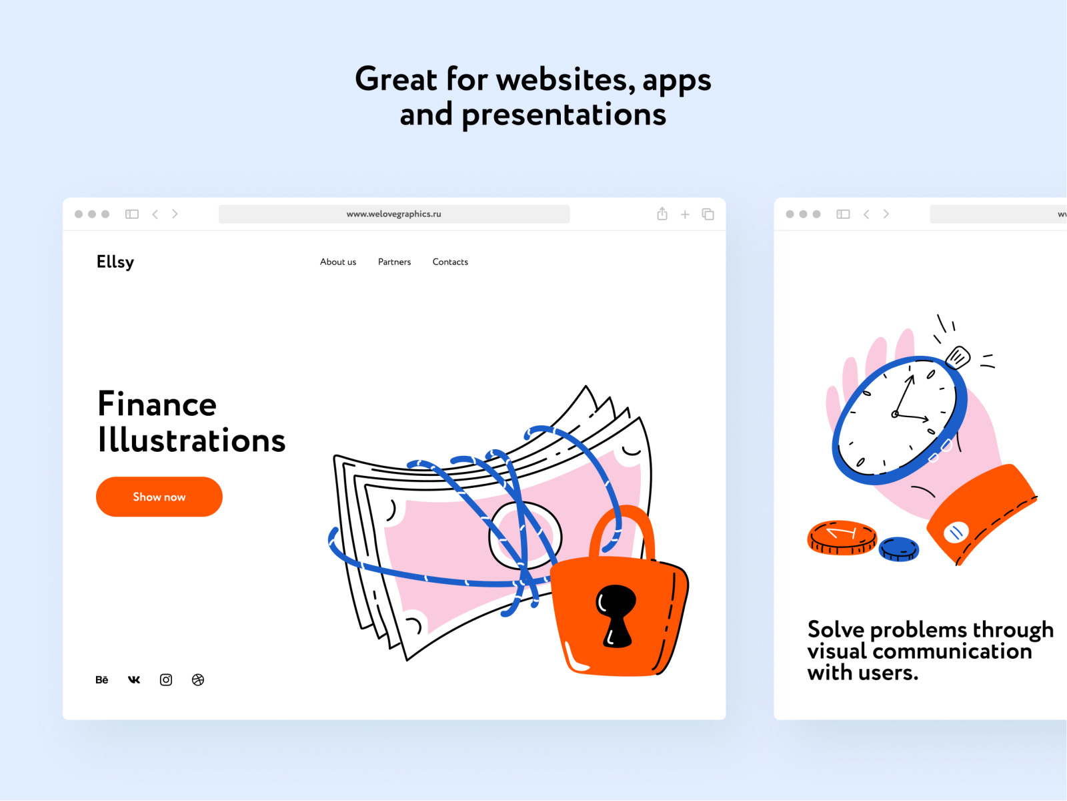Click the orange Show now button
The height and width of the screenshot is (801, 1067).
point(159,497)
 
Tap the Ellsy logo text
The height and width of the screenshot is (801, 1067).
point(115,262)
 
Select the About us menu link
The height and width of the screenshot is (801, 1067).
point(338,262)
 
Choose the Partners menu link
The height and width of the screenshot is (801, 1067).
point(394,262)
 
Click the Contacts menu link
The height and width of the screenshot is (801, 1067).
point(450,262)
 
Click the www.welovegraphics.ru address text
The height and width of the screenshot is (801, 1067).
point(393,214)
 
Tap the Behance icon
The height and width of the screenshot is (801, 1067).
point(101,680)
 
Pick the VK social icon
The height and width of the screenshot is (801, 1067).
point(133,680)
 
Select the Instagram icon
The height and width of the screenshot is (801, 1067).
point(166,680)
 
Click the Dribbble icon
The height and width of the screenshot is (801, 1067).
point(198,680)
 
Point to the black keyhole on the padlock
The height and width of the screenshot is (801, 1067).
point(616,615)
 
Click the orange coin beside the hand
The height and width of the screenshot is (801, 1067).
point(842,537)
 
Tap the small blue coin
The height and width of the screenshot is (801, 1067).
point(899,549)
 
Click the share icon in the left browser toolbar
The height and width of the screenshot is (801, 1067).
point(662,214)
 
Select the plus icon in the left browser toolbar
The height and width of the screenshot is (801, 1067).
point(685,214)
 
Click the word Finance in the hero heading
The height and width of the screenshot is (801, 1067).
point(157,404)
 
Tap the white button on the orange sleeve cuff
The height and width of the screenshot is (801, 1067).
point(956,533)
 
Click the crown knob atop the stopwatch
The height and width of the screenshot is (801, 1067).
point(958,358)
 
